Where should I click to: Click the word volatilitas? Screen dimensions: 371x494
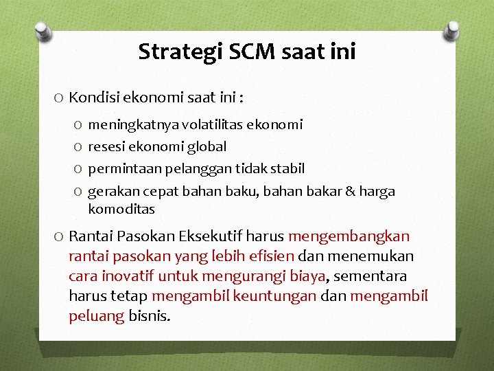207,124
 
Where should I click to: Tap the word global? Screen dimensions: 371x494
205,146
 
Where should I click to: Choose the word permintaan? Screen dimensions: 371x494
121,168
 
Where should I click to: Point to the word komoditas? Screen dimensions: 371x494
121,208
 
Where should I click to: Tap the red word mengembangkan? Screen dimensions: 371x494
349,236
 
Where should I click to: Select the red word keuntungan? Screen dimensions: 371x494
274,296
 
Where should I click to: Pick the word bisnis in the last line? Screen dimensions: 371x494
150,316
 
